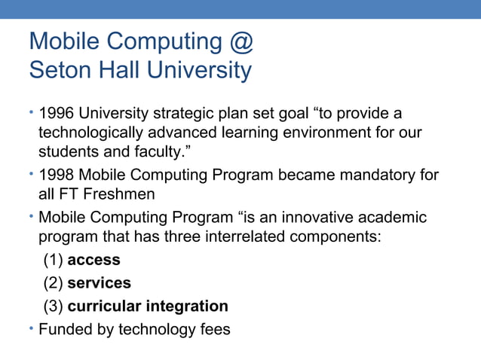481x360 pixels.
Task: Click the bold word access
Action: click(93, 261)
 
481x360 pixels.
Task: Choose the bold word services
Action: click(99, 283)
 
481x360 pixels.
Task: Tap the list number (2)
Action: click(52, 283)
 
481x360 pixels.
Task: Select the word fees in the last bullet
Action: click(214, 330)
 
